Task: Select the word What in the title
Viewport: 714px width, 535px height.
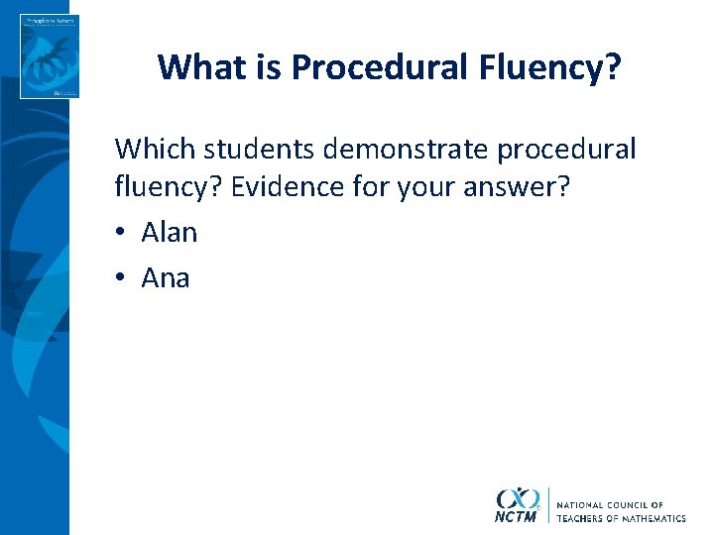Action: coord(197,66)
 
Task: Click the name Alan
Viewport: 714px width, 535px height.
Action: coord(170,233)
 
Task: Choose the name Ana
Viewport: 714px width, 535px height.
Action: coord(166,277)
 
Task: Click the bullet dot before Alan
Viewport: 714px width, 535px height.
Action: coord(121,234)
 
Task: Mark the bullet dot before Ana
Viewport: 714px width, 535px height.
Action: coord(121,278)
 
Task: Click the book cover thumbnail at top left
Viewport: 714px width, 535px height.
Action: coord(49,56)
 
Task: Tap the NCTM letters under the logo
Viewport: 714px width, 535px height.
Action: coord(515,516)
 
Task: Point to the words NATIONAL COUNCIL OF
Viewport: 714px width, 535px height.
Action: coord(610,505)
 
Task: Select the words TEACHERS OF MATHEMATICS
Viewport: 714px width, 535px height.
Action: coord(621,518)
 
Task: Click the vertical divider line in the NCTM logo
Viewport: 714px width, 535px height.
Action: coord(547,504)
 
